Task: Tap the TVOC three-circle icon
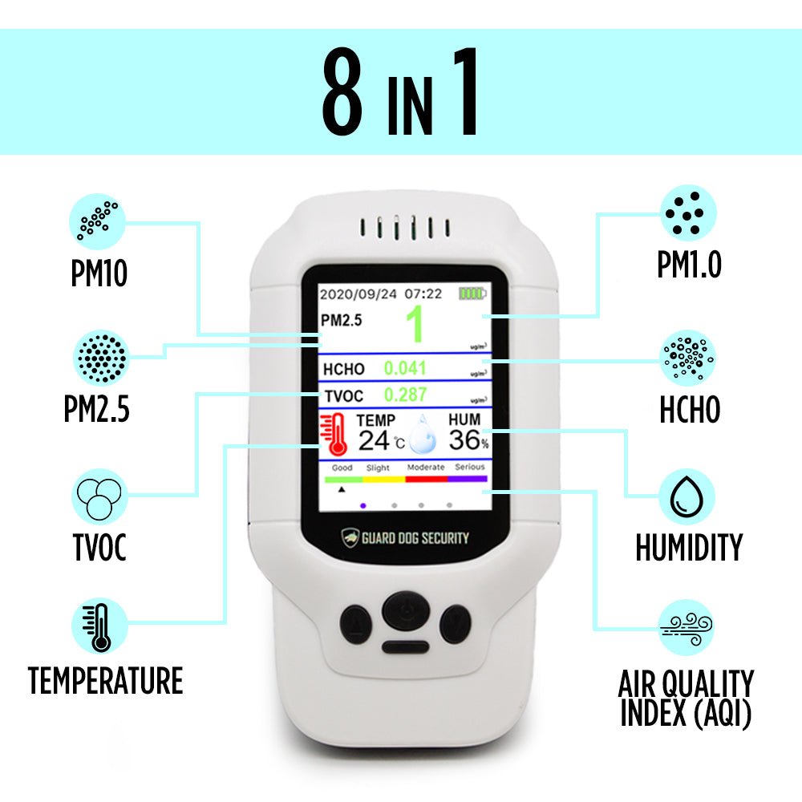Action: click(x=99, y=497)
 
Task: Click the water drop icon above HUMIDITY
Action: click(x=687, y=497)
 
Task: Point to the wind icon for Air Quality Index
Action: click(x=687, y=627)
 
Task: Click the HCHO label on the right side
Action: click(x=689, y=410)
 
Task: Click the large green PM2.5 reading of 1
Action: click(x=415, y=326)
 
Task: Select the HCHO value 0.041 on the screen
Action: click(x=405, y=369)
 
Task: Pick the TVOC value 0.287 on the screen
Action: click(x=405, y=395)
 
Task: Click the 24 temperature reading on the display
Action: click(x=373, y=440)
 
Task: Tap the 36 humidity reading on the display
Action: click(x=464, y=440)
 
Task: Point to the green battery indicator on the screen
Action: click(x=472, y=294)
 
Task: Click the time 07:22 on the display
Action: click(x=423, y=294)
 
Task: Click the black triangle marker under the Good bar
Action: click(x=342, y=487)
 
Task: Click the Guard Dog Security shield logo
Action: click(x=350, y=537)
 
